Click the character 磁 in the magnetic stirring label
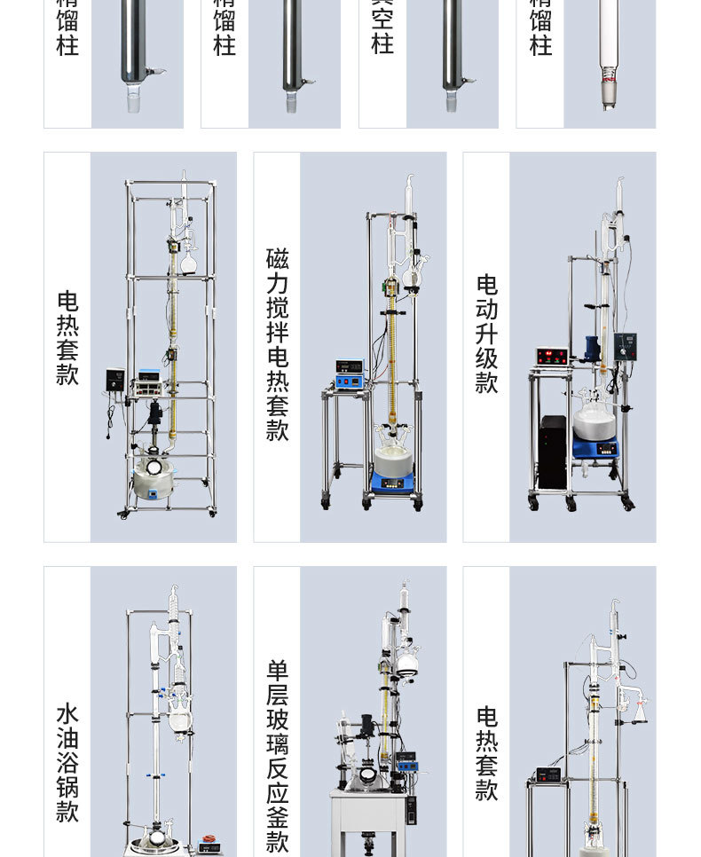(277, 259)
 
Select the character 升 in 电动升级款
(486, 334)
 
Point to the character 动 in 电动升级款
(486, 309)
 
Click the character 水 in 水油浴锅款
(67, 714)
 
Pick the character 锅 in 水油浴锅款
(67, 787)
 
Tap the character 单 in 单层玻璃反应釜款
(277, 670)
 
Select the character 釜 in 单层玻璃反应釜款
(277, 817)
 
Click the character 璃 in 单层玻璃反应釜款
(277, 743)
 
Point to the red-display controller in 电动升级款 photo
(551, 356)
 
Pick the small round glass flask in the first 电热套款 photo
(187, 262)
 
